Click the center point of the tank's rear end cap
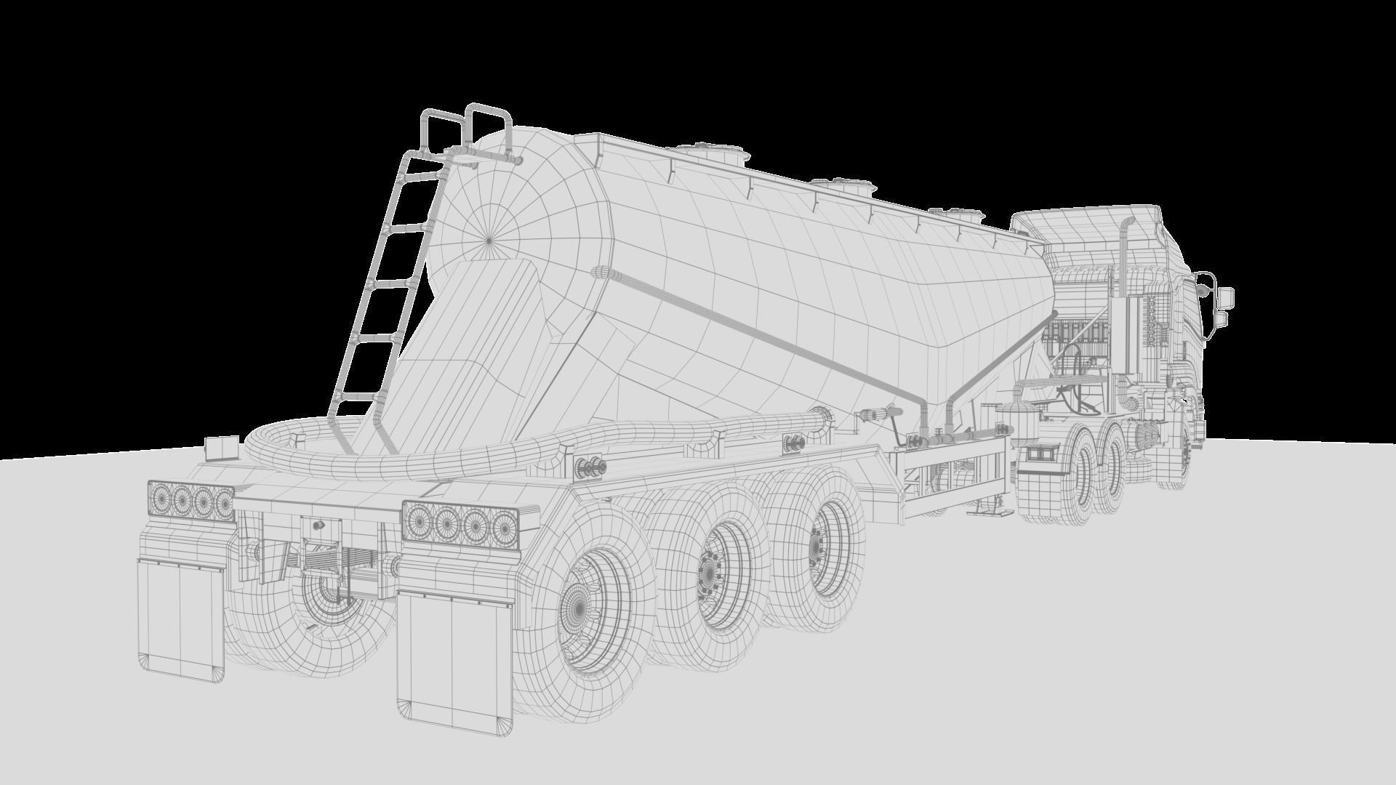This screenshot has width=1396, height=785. [x=489, y=238]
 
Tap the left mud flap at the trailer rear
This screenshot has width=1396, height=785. [x=181, y=618]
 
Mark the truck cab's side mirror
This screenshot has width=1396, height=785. [x=1225, y=297]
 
